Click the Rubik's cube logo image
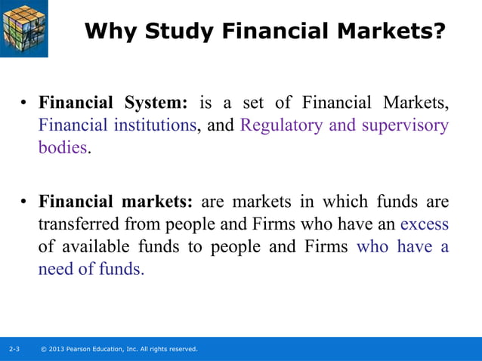pyautogui.click(x=24, y=28)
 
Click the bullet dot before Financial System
pyautogui.click(x=24, y=103)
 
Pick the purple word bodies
pyautogui.click(x=62, y=147)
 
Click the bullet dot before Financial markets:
pyautogui.click(x=24, y=203)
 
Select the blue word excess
pyautogui.click(x=424, y=224)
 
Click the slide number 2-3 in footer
pyautogui.click(x=14, y=349)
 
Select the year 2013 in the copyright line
pyautogui.click(x=57, y=349)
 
